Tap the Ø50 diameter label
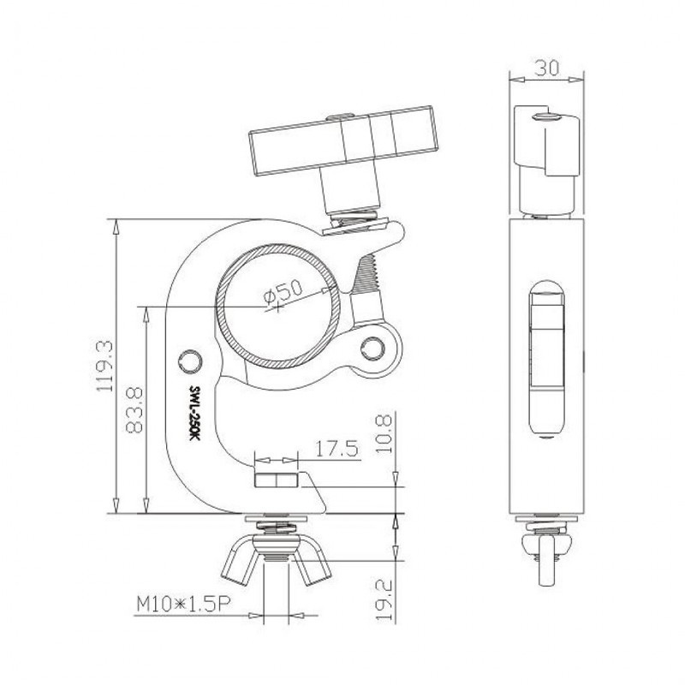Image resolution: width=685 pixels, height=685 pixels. tap(283, 293)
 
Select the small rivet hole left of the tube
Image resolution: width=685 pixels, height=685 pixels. tap(189, 358)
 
